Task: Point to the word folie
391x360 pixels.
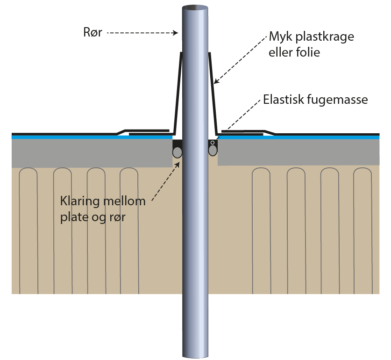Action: click(x=308, y=52)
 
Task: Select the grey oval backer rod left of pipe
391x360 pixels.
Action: click(x=178, y=151)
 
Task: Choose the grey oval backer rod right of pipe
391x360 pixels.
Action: click(x=213, y=150)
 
